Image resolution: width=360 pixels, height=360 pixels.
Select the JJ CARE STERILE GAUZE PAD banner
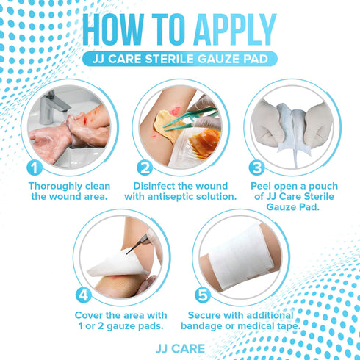180,59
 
